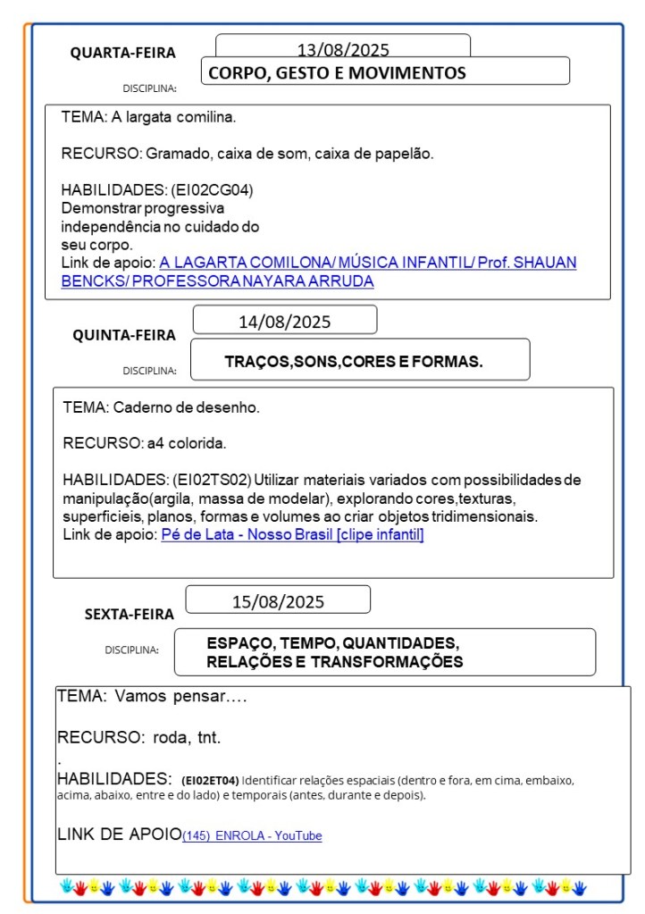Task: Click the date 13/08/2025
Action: (x=343, y=50)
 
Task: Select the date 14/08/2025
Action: (x=284, y=322)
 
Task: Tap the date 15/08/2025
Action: (x=278, y=601)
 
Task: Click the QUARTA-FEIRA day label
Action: (x=123, y=53)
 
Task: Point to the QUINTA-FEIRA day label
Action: (x=124, y=335)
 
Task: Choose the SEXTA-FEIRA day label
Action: (x=130, y=614)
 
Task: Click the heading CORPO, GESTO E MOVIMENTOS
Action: (x=337, y=73)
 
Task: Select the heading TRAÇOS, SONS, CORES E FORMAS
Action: (x=354, y=361)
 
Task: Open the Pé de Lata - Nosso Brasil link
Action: (x=292, y=534)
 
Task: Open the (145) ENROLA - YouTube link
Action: (x=252, y=835)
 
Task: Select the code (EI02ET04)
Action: (x=210, y=779)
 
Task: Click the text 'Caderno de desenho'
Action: (x=187, y=407)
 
